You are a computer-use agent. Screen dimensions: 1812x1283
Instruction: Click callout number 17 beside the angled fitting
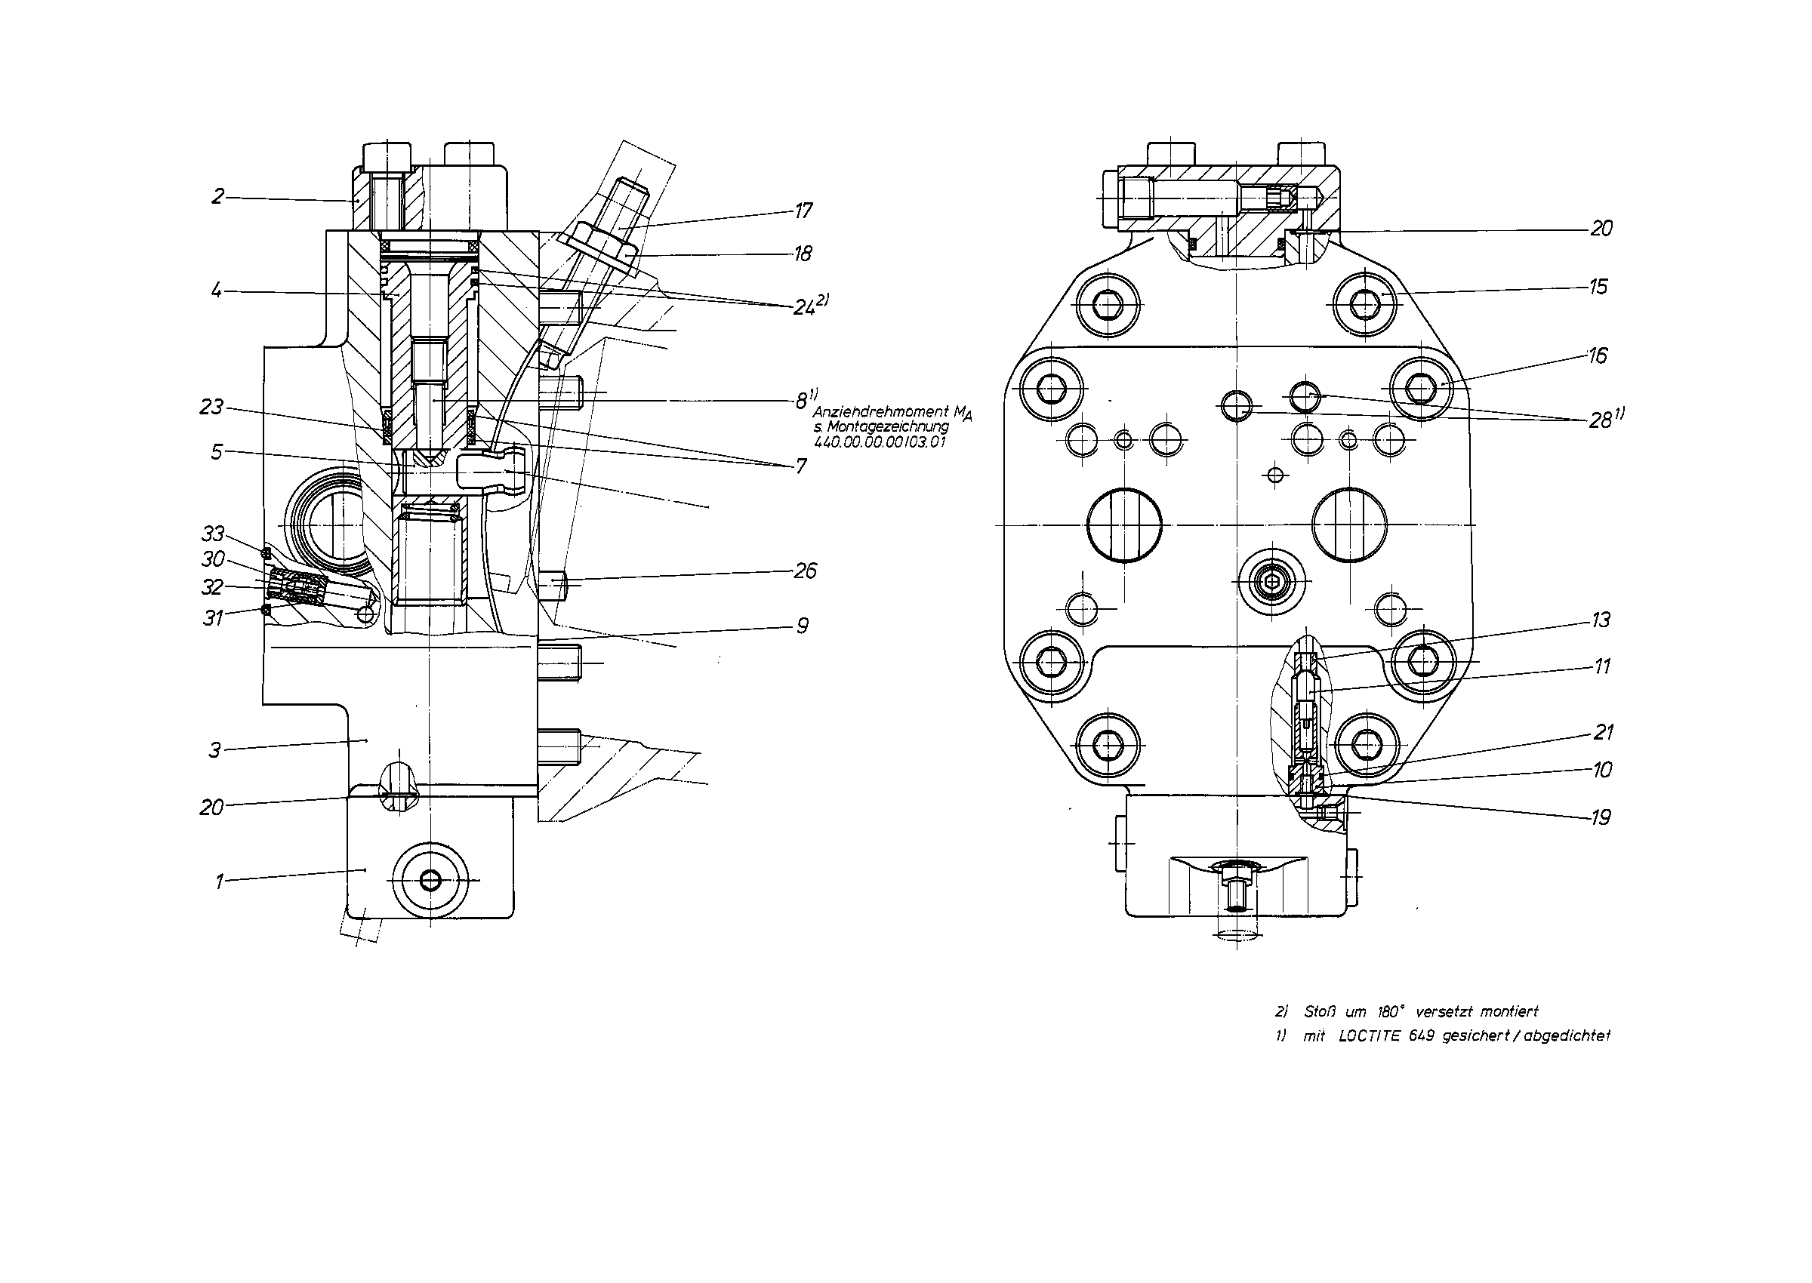pyautogui.click(x=803, y=211)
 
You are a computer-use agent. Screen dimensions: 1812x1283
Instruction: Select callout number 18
pyautogui.click(x=803, y=254)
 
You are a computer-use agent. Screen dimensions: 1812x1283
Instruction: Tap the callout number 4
pyautogui.click(x=216, y=291)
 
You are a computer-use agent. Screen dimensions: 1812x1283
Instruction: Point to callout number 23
pyautogui.click(x=212, y=407)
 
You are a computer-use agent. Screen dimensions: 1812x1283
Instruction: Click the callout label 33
pyautogui.click(x=214, y=534)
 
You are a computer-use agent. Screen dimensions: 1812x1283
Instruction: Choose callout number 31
pyautogui.click(x=213, y=618)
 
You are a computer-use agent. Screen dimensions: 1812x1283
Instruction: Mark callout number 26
pyautogui.click(x=806, y=571)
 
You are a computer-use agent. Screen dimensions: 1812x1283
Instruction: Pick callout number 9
pyautogui.click(x=802, y=626)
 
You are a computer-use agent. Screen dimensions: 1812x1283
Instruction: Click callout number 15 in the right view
pyautogui.click(x=1598, y=287)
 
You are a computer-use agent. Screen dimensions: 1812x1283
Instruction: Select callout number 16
pyautogui.click(x=1597, y=355)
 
